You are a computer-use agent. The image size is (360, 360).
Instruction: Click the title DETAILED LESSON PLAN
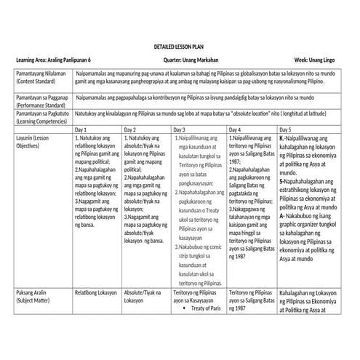click(179, 46)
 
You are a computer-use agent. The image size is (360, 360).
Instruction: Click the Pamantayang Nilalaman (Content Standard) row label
click(41, 79)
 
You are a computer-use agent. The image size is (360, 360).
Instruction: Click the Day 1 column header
click(81, 129)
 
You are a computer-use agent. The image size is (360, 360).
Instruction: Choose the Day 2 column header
click(130, 129)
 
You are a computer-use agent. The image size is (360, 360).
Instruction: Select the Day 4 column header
click(235, 129)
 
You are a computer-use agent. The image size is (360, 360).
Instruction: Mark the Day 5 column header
click(286, 129)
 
